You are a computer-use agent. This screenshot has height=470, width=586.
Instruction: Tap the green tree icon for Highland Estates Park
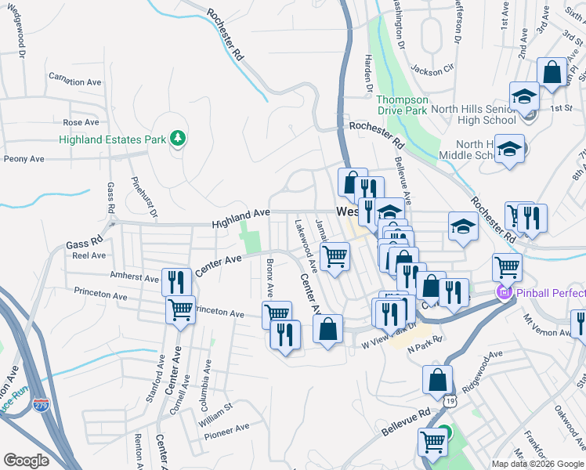point(179,139)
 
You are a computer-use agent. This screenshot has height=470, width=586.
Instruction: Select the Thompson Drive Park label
point(402,105)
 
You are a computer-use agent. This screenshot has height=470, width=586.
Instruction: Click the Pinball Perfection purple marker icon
point(503,294)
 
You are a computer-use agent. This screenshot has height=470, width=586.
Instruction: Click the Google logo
point(26,461)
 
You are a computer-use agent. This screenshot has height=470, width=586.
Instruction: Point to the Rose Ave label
point(81,122)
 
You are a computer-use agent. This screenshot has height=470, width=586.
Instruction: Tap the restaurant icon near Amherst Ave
point(175,281)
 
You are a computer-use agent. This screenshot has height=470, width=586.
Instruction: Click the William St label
point(215,409)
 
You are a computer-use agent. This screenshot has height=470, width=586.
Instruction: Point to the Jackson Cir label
point(432,69)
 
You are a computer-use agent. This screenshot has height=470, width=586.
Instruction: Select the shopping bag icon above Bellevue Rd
point(437,380)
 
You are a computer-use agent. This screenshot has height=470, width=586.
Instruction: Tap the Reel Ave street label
point(89,255)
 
